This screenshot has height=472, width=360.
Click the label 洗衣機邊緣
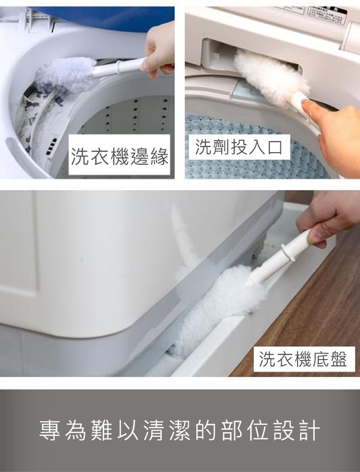[x=120, y=156]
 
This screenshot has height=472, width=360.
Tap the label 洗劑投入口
[x=239, y=147]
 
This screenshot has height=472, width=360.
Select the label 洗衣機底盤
[x=303, y=359]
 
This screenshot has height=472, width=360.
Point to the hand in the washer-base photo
[x=326, y=215]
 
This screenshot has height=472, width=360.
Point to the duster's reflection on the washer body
[x=183, y=238]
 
